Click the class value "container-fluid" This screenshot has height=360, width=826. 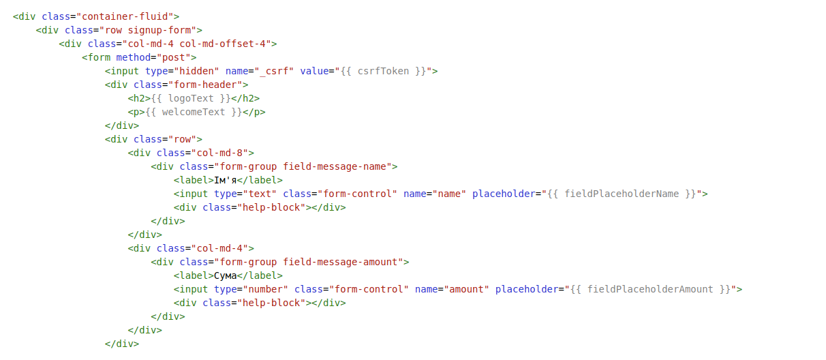tap(125, 16)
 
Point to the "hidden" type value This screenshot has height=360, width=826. tap(196, 71)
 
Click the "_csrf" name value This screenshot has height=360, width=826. tap(274, 71)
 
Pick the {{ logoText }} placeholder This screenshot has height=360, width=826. tap(191, 98)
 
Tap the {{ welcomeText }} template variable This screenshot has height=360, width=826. tap(194, 112)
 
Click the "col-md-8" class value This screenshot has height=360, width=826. tap(219, 153)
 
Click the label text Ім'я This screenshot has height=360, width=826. tap(226, 181)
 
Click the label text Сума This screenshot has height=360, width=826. tap(226, 276)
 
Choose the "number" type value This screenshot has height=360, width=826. tap(266, 290)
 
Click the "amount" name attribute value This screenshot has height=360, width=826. tap(466, 290)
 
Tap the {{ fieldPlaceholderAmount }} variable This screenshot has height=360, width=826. tap(650, 290)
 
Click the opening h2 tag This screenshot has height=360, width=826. tap(139, 98)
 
